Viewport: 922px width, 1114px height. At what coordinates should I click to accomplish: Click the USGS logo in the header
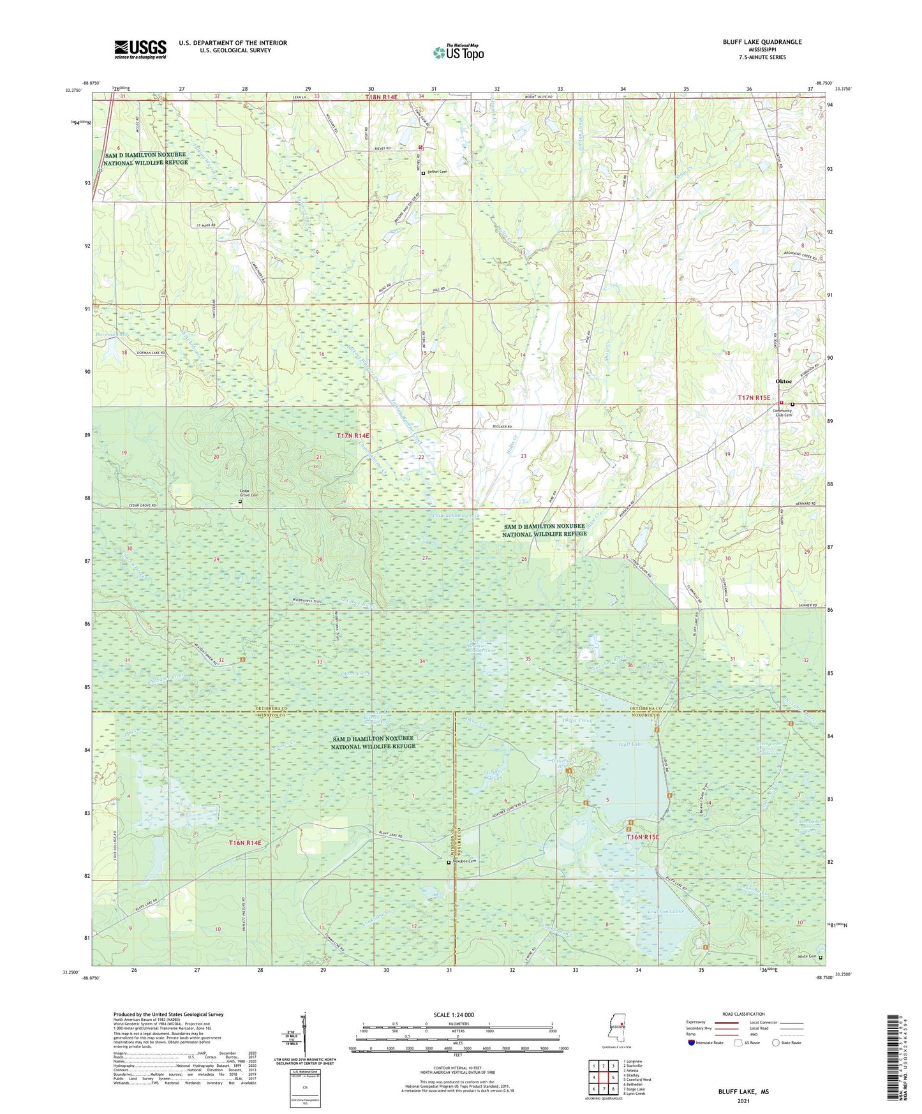point(140,48)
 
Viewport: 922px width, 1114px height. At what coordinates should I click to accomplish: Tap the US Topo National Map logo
point(457,52)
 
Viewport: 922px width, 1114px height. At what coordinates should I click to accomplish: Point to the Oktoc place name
point(783,382)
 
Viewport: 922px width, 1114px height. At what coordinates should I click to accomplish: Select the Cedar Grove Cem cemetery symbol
point(241,502)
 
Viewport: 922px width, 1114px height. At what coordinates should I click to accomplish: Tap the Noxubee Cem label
point(465,861)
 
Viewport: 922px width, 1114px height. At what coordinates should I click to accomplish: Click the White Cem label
point(807,957)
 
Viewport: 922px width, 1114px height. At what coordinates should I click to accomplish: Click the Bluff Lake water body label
point(631,745)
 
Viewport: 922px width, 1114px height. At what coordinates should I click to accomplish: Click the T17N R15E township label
point(755,397)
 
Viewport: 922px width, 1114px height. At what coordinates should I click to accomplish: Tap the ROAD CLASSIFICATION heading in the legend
point(743,1014)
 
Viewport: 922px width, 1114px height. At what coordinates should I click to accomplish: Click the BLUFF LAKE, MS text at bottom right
point(743,1092)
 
